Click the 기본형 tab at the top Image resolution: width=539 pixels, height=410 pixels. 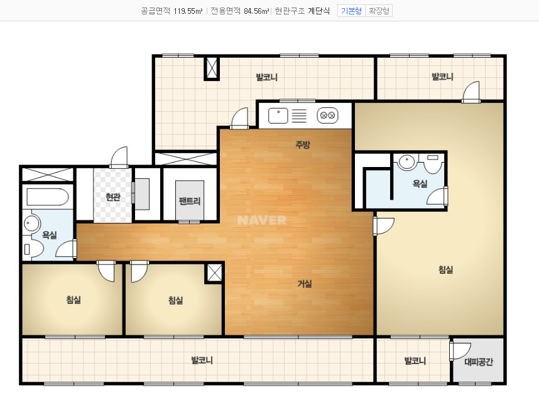[x=351, y=11]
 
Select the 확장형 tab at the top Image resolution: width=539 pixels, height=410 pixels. [x=379, y=11]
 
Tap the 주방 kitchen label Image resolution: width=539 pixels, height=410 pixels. [x=303, y=144]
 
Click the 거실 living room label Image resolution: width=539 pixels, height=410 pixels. [x=305, y=284]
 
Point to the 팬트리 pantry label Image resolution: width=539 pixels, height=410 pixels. [x=190, y=201]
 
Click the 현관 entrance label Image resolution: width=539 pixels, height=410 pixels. [x=112, y=197]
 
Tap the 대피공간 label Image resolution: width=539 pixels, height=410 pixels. [x=479, y=362]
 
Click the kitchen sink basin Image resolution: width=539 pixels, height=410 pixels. [x=278, y=116]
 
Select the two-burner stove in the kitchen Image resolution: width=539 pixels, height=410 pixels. [x=327, y=116]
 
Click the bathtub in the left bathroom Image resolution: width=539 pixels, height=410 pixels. [x=48, y=197]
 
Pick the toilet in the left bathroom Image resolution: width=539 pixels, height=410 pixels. [x=33, y=249]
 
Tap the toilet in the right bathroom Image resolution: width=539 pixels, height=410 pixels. [x=433, y=163]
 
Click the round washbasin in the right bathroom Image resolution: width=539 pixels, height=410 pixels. [x=406, y=161]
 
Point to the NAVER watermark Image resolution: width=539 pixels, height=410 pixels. [x=261, y=220]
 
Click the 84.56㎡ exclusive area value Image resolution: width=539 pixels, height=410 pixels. [x=256, y=11]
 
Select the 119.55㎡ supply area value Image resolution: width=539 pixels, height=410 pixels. [x=188, y=11]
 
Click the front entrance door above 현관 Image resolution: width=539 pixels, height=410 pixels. [x=119, y=158]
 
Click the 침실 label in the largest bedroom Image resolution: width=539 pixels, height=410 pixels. [x=445, y=269]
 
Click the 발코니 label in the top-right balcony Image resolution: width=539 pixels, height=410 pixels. [x=442, y=77]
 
